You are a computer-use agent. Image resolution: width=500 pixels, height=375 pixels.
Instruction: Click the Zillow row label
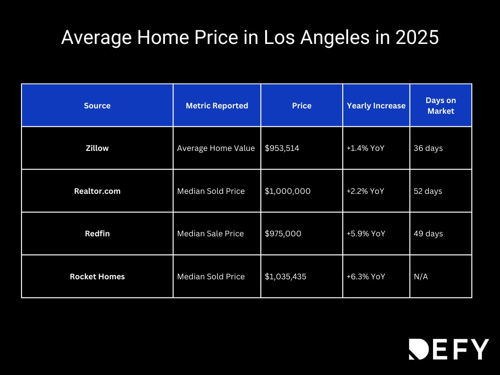97,148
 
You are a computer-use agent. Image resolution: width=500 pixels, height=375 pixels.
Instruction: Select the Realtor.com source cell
97,191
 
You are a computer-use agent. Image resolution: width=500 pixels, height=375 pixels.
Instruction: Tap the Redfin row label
97,233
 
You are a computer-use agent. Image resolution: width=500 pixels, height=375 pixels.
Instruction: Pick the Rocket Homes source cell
97,276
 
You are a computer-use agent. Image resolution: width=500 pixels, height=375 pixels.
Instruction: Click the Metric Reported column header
217,105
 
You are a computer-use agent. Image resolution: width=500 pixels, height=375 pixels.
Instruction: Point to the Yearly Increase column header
376,105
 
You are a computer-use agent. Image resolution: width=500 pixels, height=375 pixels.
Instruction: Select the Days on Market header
440,105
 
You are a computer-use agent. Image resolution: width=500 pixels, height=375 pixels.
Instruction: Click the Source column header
97,105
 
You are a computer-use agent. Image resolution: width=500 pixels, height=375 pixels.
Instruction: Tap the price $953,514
282,148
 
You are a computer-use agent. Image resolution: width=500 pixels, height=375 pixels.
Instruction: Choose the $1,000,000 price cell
288,191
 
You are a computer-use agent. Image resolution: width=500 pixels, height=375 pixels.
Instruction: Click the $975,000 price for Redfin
283,233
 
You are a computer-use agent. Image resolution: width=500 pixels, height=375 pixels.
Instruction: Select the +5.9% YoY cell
366,233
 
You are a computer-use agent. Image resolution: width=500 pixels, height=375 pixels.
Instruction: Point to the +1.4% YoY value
365,148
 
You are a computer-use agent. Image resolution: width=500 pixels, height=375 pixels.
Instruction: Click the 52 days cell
428,191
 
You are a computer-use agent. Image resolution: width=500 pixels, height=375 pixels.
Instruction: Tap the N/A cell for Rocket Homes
420,276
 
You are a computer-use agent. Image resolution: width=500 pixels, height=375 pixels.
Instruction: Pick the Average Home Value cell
216,148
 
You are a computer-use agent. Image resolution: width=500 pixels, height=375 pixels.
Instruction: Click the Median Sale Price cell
210,233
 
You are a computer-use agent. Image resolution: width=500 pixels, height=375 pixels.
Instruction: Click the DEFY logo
448,349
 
